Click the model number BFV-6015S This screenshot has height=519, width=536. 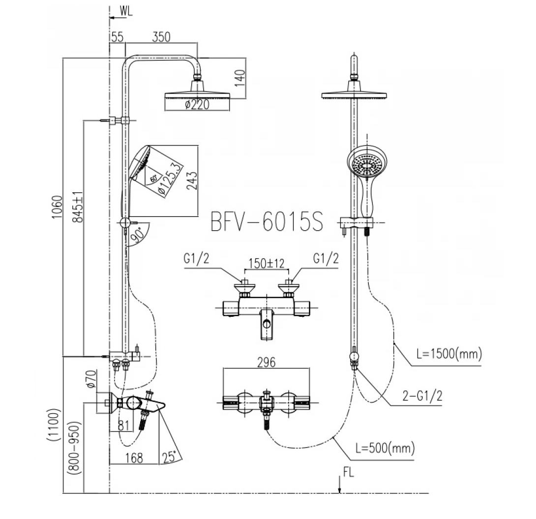pos(267,221)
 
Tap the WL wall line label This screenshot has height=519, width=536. pos(126,11)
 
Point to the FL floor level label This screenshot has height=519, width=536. pos(348,472)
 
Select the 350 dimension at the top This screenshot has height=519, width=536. pos(161,37)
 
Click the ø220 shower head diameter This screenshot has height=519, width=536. pos(197,104)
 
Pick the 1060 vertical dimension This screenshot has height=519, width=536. pos(57,208)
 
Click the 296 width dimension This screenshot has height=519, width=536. pos(267,362)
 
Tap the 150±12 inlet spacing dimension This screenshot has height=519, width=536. pos(267,263)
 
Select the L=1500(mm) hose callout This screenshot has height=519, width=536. pos(449,353)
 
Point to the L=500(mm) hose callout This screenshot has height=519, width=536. pos(385,448)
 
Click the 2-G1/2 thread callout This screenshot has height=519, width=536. pos(422,396)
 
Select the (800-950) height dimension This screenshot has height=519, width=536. pos(75,448)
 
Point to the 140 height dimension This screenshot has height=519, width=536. pos(240,78)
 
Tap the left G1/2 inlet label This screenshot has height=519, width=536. pos(196,258)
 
